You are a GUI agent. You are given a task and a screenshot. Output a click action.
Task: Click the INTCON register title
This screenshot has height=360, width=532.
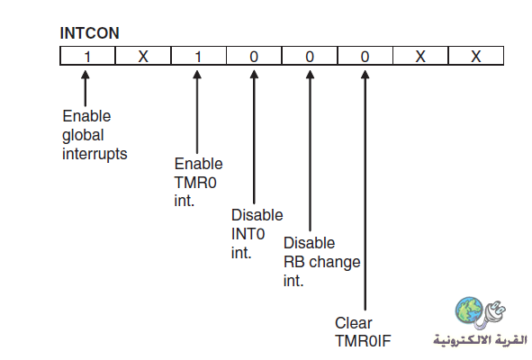click(90, 33)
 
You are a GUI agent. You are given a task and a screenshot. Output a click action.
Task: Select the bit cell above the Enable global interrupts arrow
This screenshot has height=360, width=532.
click(87, 56)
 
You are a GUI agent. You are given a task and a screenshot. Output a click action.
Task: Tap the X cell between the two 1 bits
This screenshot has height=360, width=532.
click(143, 56)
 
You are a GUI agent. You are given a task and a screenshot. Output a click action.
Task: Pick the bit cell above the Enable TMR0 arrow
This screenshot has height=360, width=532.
click(198, 56)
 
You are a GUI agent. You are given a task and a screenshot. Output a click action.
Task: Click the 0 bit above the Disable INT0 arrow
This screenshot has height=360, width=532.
click(254, 56)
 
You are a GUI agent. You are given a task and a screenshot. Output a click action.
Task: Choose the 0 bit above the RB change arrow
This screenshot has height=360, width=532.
click(310, 56)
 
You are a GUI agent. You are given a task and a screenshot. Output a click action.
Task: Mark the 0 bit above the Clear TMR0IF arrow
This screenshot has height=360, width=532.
click(365, 56)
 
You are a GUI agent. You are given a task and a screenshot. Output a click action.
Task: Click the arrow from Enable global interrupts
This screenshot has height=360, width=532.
click(86, 88)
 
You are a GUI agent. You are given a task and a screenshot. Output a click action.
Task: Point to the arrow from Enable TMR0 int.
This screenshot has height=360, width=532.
click(197, 112)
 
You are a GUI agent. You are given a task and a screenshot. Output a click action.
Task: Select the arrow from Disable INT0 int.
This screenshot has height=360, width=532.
click(254, 137)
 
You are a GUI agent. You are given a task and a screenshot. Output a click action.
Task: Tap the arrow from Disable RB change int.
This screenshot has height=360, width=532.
click(310, 150)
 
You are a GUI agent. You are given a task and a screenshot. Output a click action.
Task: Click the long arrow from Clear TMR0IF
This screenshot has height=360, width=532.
click(365, 190)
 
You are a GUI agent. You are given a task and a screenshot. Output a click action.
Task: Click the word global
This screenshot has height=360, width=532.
click(83, 135)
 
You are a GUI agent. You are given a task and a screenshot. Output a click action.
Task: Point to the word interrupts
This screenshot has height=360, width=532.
click(95, 154)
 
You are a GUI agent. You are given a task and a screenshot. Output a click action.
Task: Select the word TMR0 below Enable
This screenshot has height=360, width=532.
click(195, 183)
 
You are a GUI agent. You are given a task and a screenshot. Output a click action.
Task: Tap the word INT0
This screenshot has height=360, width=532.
click(248, 234)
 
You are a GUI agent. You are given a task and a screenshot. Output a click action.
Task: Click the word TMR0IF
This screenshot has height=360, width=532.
click(363, 341)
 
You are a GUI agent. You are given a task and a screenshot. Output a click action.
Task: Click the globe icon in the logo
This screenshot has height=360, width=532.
click(469, 310)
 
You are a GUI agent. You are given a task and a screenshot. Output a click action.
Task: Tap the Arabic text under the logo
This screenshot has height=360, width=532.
click(480, 339)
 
